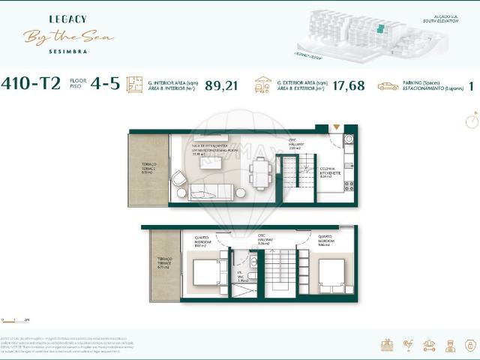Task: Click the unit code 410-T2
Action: click(x=32, y=84)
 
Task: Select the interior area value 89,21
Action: click(x=221, y=85)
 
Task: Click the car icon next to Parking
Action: click(x=388, y=86)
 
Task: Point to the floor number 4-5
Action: click(x=105, y=84)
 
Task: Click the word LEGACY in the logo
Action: click(x=68, y=19)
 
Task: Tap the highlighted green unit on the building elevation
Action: click(x=380, y=28)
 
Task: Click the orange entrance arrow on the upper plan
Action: click(x=336, y=128)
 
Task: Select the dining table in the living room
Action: click(x=259, y=175)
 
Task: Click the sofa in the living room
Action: click(x=212, y=193)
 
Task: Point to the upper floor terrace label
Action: click(x=148, y=168)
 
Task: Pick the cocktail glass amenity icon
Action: click(x=408, y=345)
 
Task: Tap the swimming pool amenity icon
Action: click(x=388, y=345)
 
